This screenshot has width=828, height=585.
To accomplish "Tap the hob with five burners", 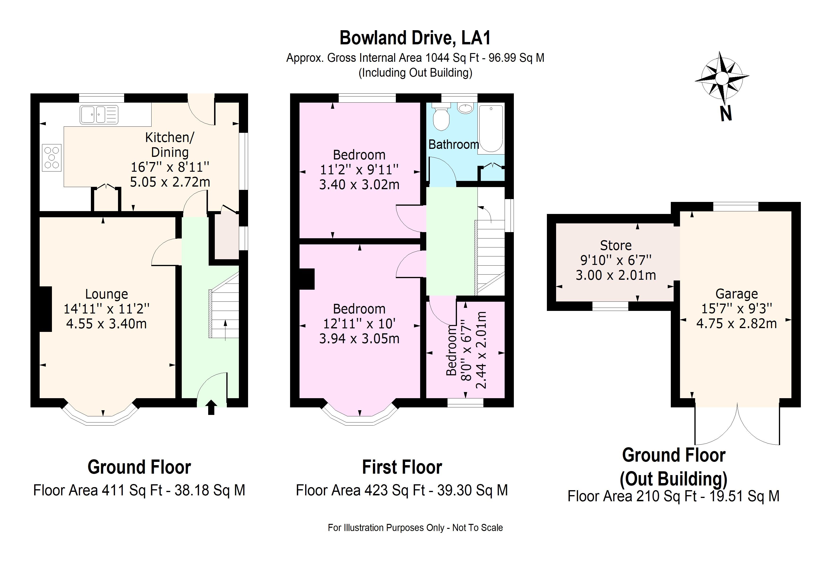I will tap(51, 158).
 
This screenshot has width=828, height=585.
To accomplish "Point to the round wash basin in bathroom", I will tap(465, 108).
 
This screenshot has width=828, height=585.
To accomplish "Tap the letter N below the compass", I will tap(726, 114).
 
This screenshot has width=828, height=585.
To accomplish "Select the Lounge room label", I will tap(106, 294).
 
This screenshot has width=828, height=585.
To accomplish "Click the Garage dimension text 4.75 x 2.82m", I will tap(736, 324).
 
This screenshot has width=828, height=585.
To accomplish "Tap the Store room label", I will tap(616, 246).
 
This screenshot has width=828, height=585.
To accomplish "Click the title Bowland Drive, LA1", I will tap(415, 38).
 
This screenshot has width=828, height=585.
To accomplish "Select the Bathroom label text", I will tap(453, 145).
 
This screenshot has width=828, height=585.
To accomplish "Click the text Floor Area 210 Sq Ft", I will tap(632, 496).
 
